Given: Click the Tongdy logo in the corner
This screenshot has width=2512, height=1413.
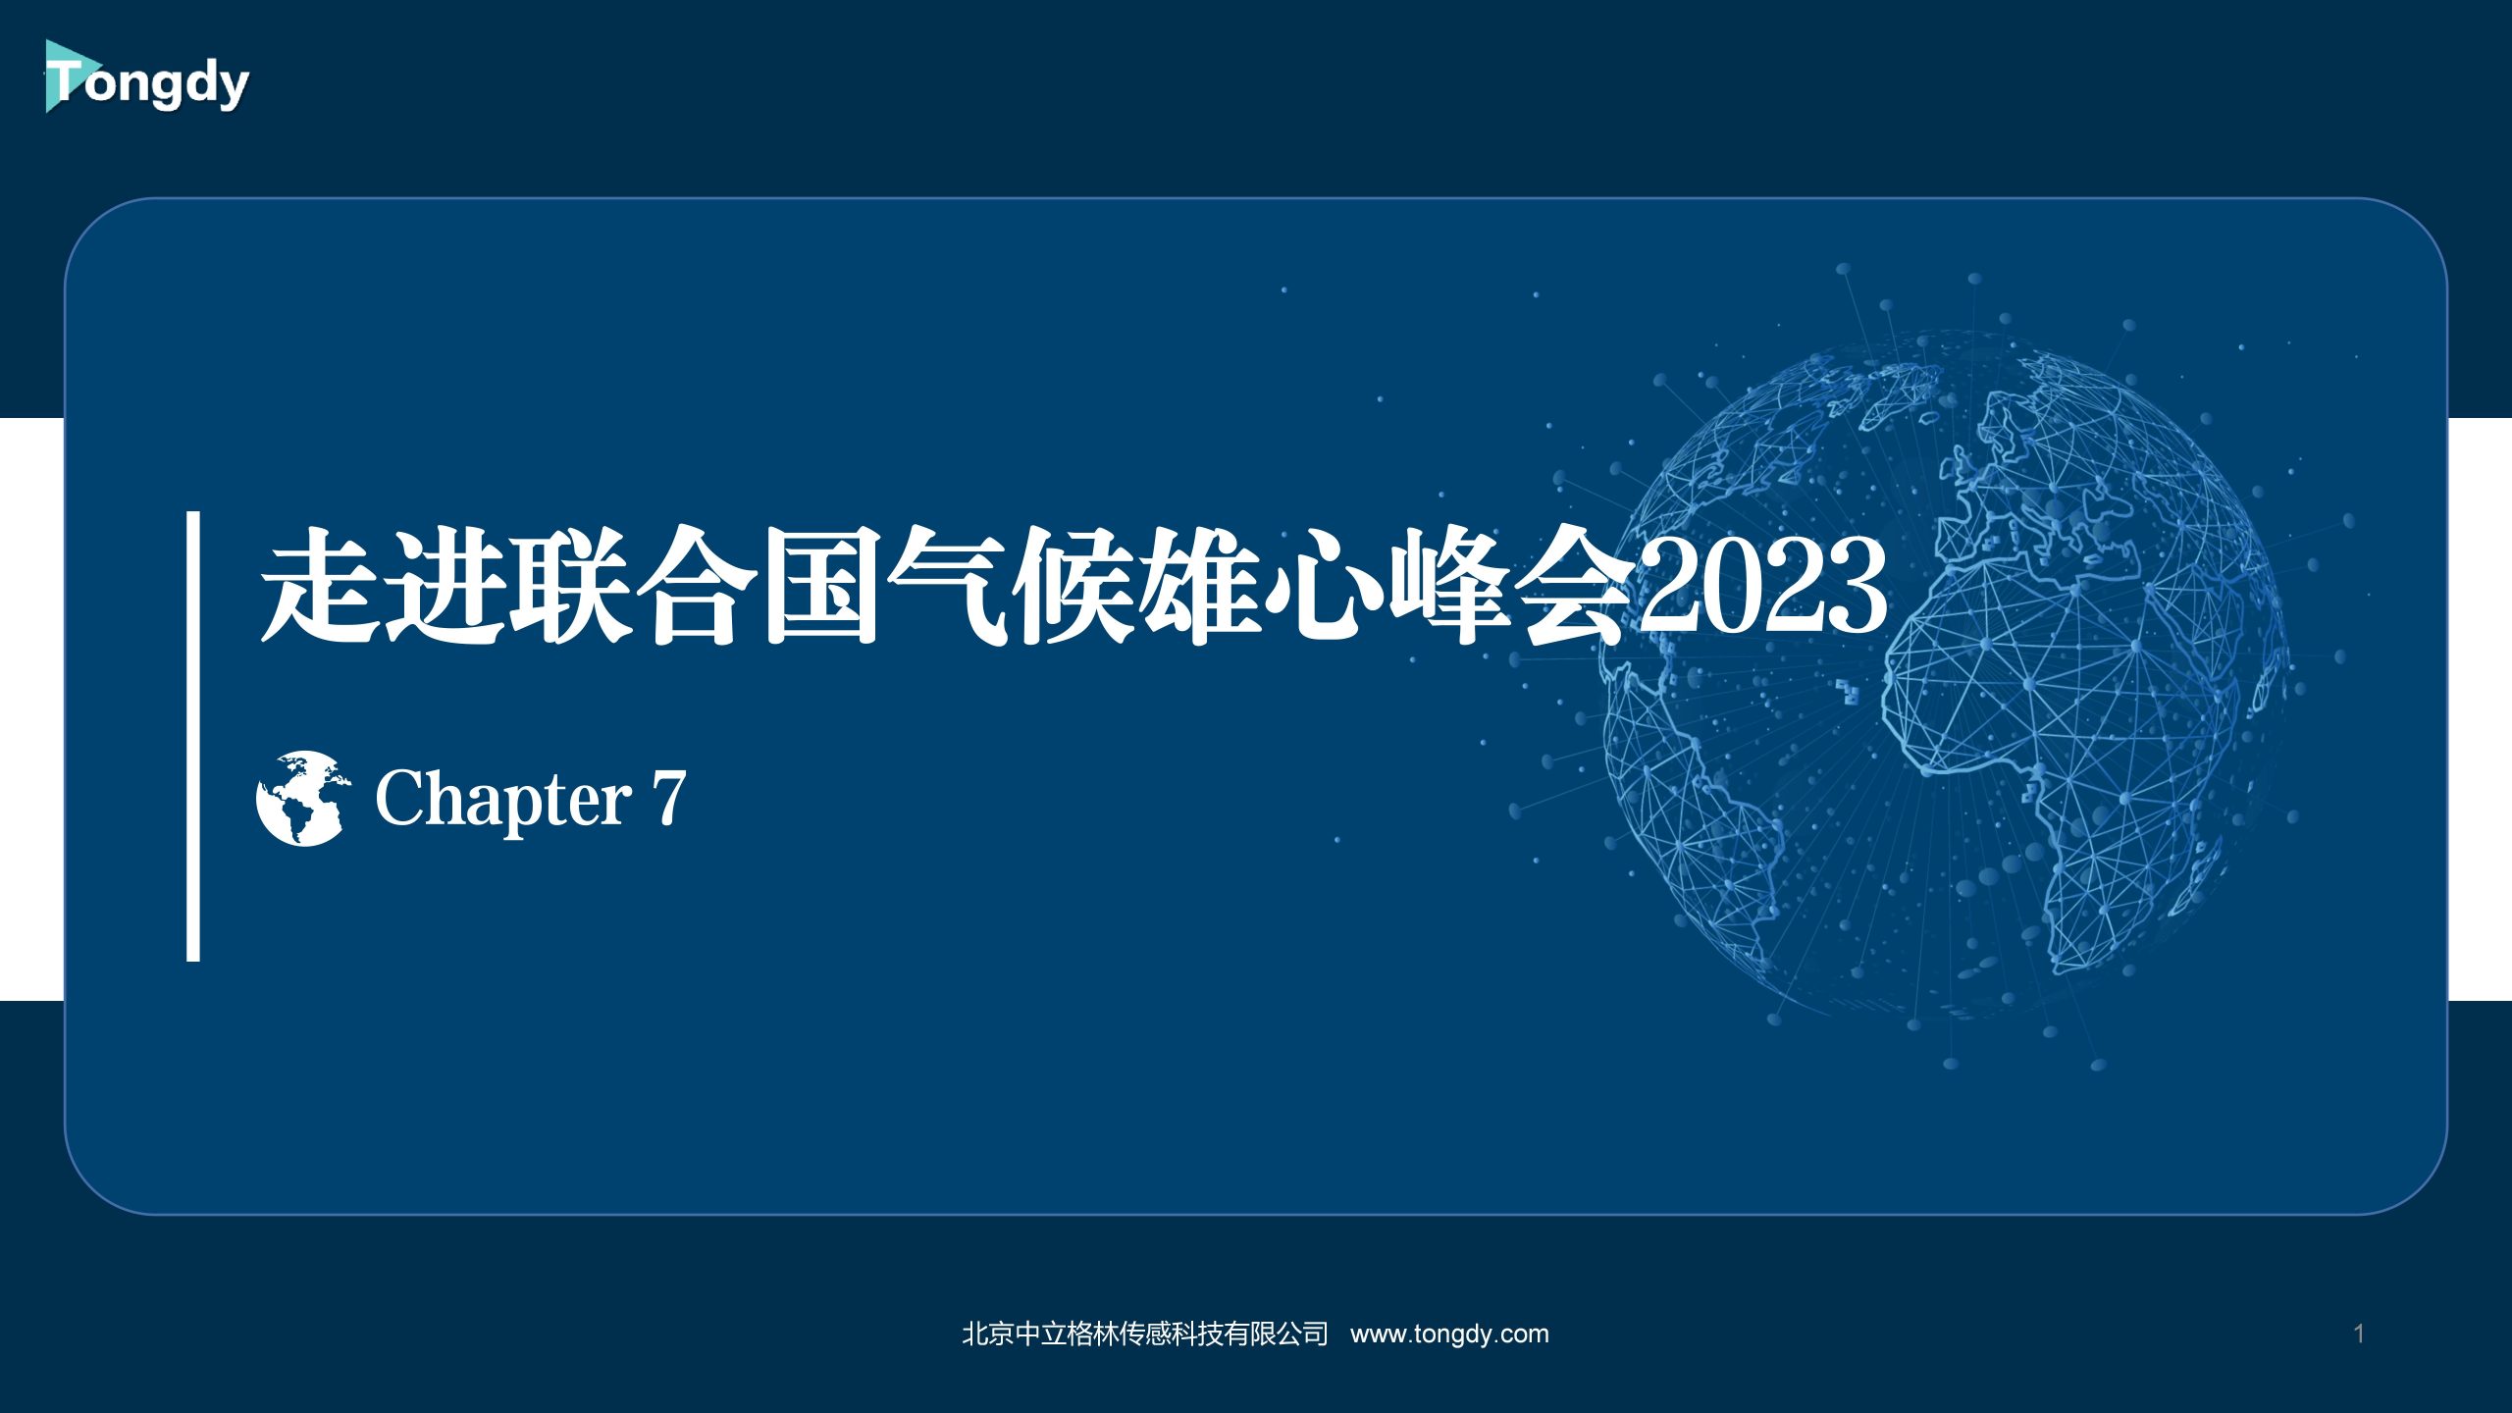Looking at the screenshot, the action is (x=146, y=78).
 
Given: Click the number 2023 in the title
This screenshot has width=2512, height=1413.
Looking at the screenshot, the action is (x=1762, y=587).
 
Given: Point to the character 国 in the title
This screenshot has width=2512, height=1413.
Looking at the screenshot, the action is (x=822, y=587).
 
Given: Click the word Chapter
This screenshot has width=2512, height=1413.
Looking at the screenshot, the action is (x=503, y=800).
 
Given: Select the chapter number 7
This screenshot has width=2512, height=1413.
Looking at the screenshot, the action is (x=668, y=798).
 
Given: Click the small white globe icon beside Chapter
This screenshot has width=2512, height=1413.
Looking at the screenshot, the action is (x=302, y=798).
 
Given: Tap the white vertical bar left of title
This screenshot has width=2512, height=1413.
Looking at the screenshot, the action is (x=193, y=736).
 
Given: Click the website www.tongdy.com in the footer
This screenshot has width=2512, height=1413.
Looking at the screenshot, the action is (x=1449, y=1334).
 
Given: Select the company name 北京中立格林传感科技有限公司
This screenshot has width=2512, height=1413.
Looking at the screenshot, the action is (x=1145, y=1334).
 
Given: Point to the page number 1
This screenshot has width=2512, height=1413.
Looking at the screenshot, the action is (x=2359, y=1334).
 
